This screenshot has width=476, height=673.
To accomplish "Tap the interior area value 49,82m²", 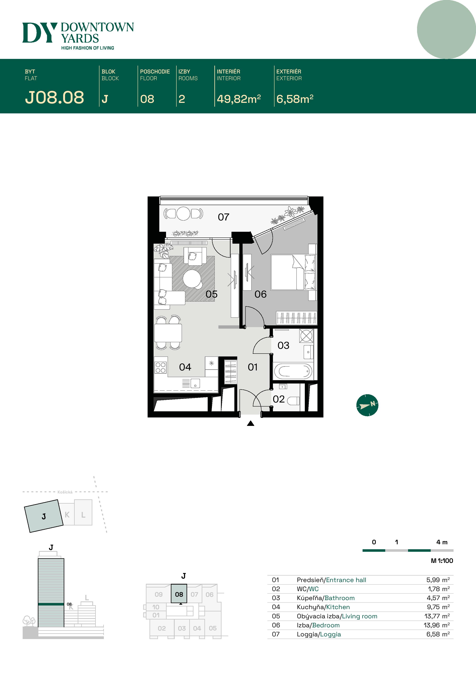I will click(238, 99).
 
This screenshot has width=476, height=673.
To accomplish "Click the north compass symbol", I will click(367, 405).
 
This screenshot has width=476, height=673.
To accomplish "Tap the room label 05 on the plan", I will click(212, 294).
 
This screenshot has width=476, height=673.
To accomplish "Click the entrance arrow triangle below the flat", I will click(250, 423).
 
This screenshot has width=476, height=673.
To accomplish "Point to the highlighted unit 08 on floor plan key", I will click(179, 594).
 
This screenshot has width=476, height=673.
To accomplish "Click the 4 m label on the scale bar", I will click(442, 542).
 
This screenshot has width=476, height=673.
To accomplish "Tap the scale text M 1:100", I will click(442, 561).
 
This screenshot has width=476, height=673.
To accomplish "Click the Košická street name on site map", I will click(65, 492).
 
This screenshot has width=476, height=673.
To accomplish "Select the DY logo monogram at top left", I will click(39, 33).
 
